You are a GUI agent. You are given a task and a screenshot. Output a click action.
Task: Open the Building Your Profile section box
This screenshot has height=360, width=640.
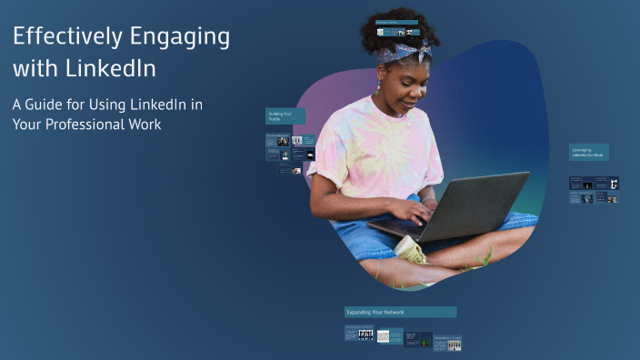tap(285, 116)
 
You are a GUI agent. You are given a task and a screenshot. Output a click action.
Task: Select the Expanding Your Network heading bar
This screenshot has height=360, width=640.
tap(400, 312)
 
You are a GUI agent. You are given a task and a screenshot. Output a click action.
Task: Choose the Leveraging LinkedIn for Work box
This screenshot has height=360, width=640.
tap(589, 153)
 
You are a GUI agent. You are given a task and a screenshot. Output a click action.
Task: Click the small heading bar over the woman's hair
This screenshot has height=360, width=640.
tap(397, 22)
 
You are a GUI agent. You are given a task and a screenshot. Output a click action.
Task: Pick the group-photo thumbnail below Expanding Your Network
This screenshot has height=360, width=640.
tap(365, 335)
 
